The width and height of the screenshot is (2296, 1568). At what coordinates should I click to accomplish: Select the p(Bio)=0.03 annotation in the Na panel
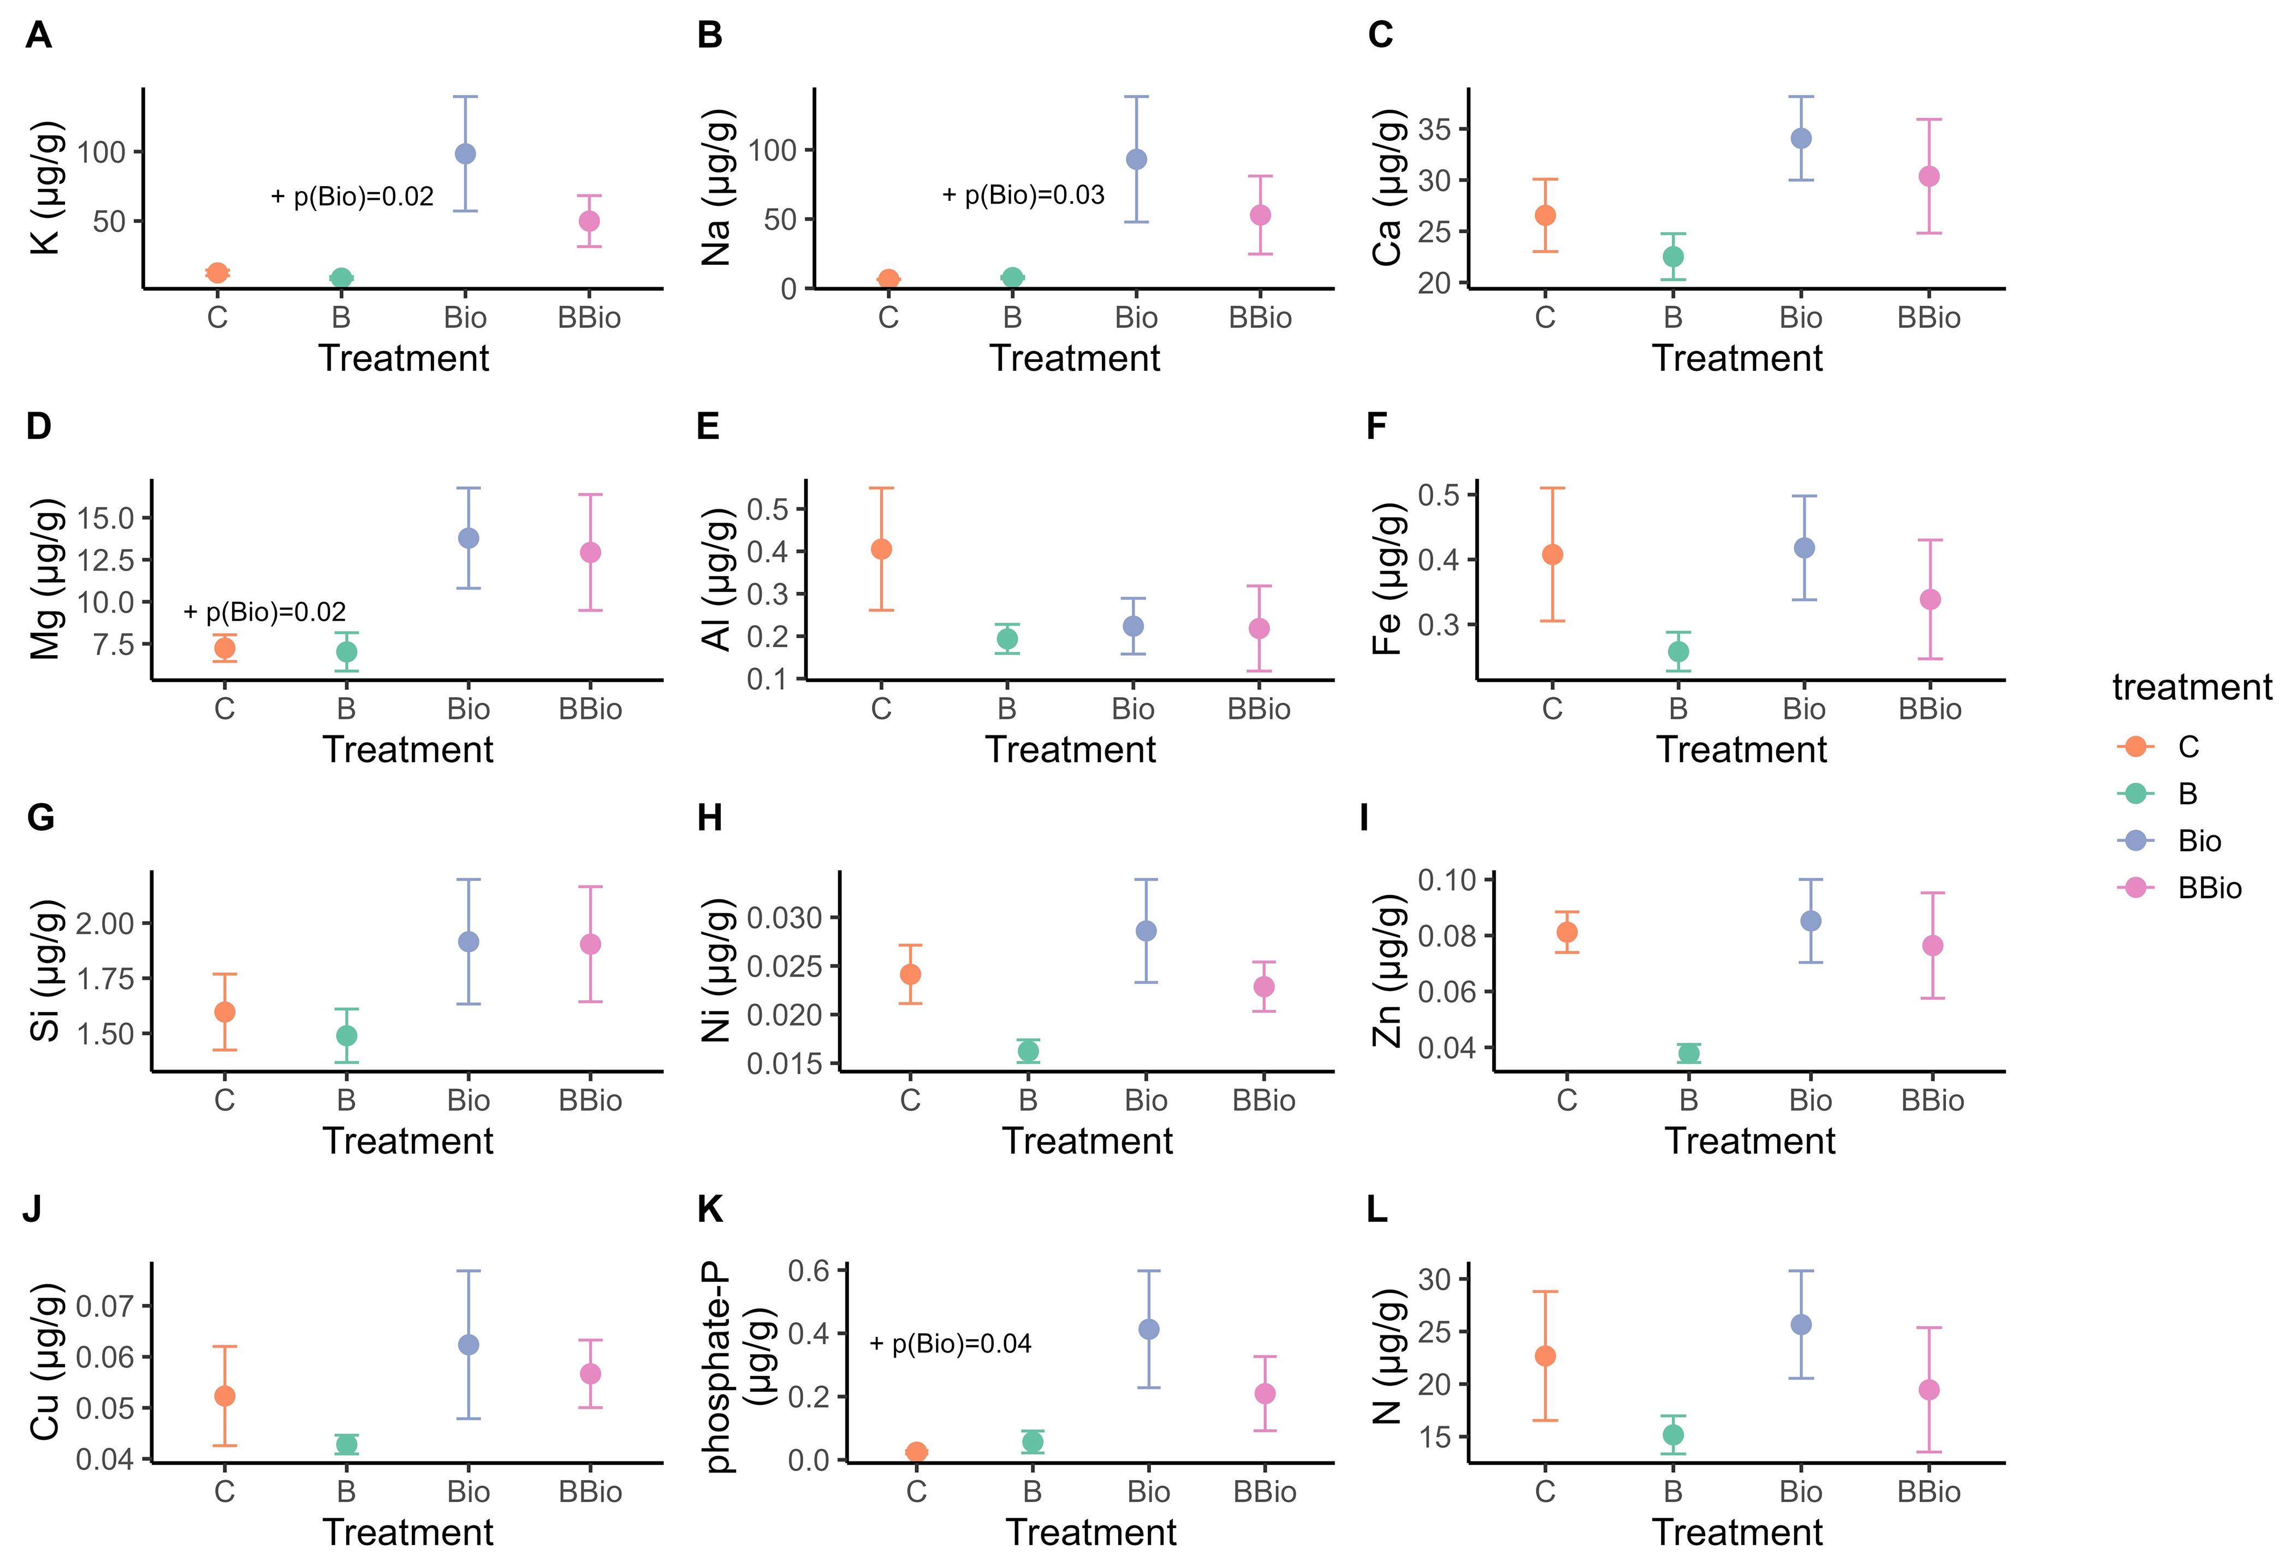(x=1024, y=195)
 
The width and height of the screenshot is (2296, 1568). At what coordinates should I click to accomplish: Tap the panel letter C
(x=1380, y=35)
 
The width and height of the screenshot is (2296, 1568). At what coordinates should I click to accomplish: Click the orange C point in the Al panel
(x=881, y=549)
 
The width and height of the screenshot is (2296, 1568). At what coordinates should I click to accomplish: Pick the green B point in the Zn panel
(x=1688, y=1053)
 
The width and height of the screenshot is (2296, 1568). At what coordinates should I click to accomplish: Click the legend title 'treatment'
(x=2191, y=688)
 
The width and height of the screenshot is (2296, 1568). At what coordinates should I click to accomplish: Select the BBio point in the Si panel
(x=590, y=945)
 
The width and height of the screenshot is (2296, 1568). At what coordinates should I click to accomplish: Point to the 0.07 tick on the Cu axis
(x=106, y=1306)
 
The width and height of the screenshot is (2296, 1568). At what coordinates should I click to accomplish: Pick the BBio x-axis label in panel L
(x=1929, y=1492)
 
